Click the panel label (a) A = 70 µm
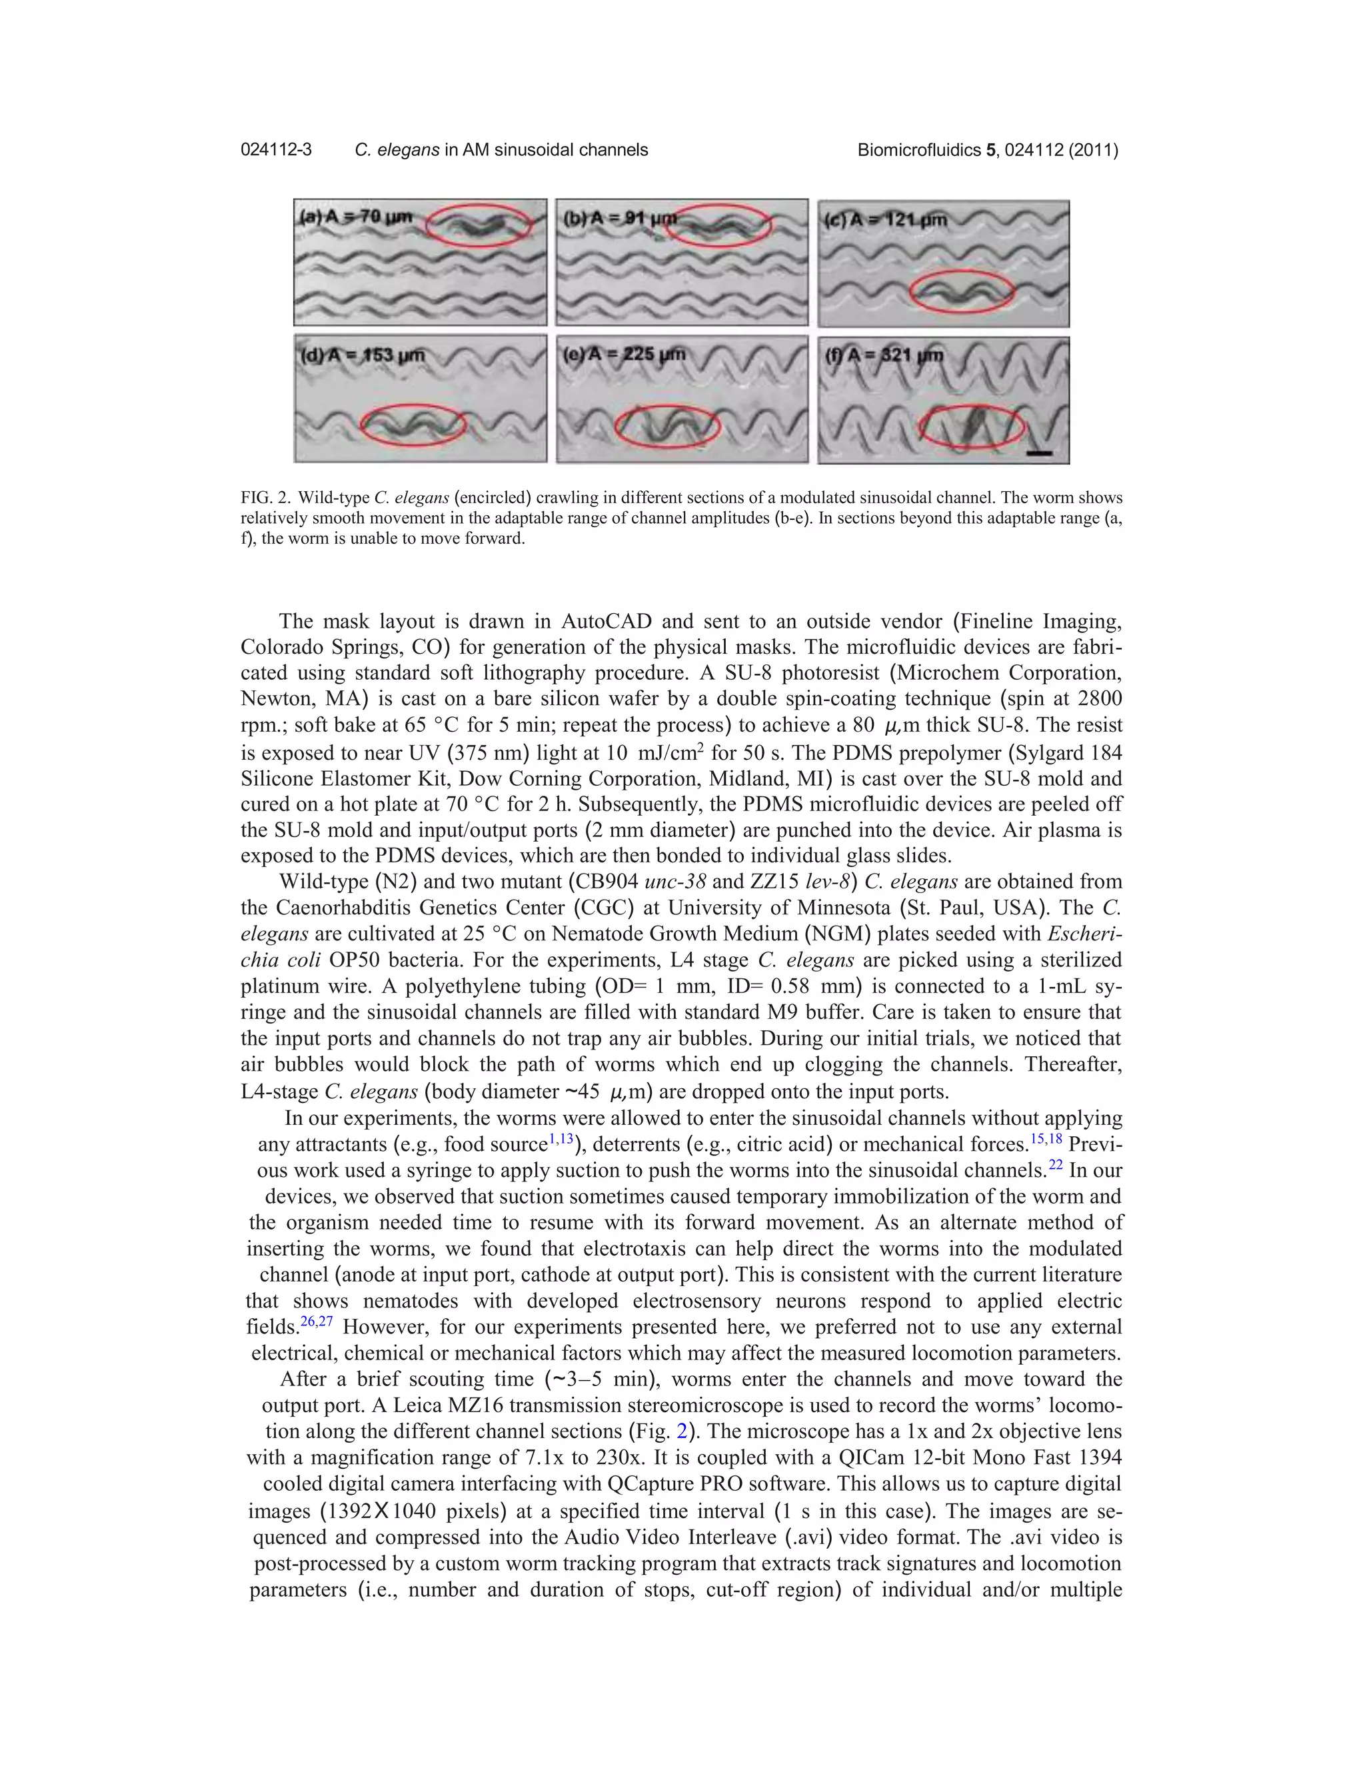356,217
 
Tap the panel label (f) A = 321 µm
884,355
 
